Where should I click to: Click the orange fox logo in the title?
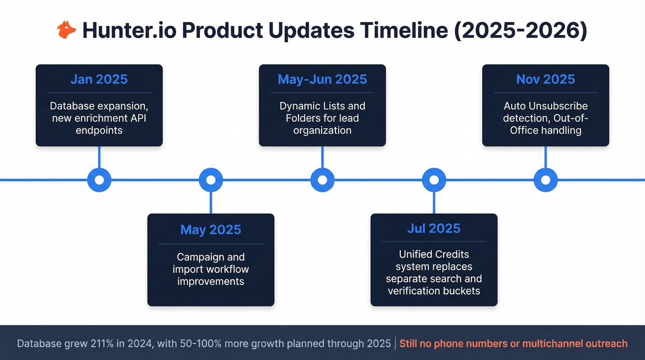click(66, 30)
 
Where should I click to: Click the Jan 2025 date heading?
click(99, 79)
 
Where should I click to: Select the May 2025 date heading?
click(211, 230)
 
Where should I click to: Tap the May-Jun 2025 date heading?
click(322, 79)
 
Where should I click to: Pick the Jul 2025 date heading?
click(434, 228)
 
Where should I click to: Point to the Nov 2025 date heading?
click(545, 79)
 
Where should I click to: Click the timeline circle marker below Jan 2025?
click(99, 180)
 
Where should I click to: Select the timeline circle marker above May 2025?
click(211, 180)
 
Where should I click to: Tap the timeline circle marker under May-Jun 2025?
click(322, 180)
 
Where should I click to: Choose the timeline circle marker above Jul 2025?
click(434, 180)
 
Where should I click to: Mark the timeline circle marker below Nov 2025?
click(545, 180)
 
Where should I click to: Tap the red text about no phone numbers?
click(513, 344)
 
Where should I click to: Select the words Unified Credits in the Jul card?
click(434, 254)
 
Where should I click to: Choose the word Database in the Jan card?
click(71, 106)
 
